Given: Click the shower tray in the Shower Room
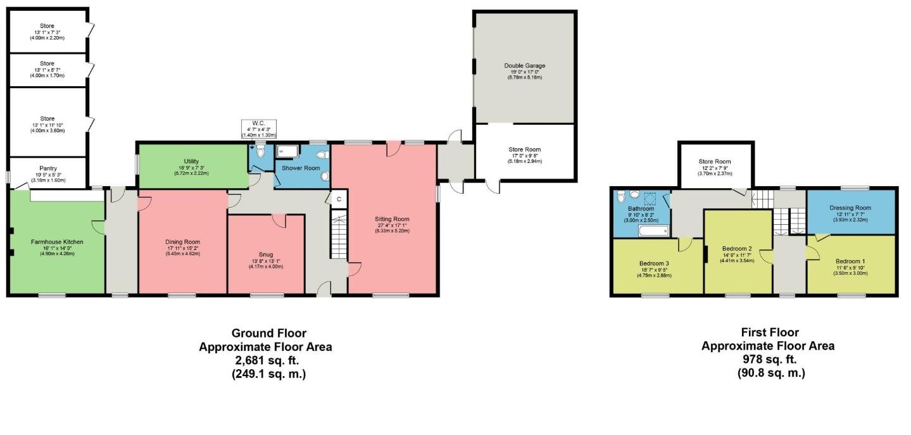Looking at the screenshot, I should [x=289, y=151].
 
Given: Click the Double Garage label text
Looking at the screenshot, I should [x=524, y=65].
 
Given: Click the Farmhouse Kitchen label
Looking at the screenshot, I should [x=57, y=241].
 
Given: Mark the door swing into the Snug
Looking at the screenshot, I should [x=278, y=220].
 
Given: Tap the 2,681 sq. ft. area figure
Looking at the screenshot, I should [x=265, y=360].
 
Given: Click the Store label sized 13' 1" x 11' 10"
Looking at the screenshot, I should [x=47, y=118].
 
